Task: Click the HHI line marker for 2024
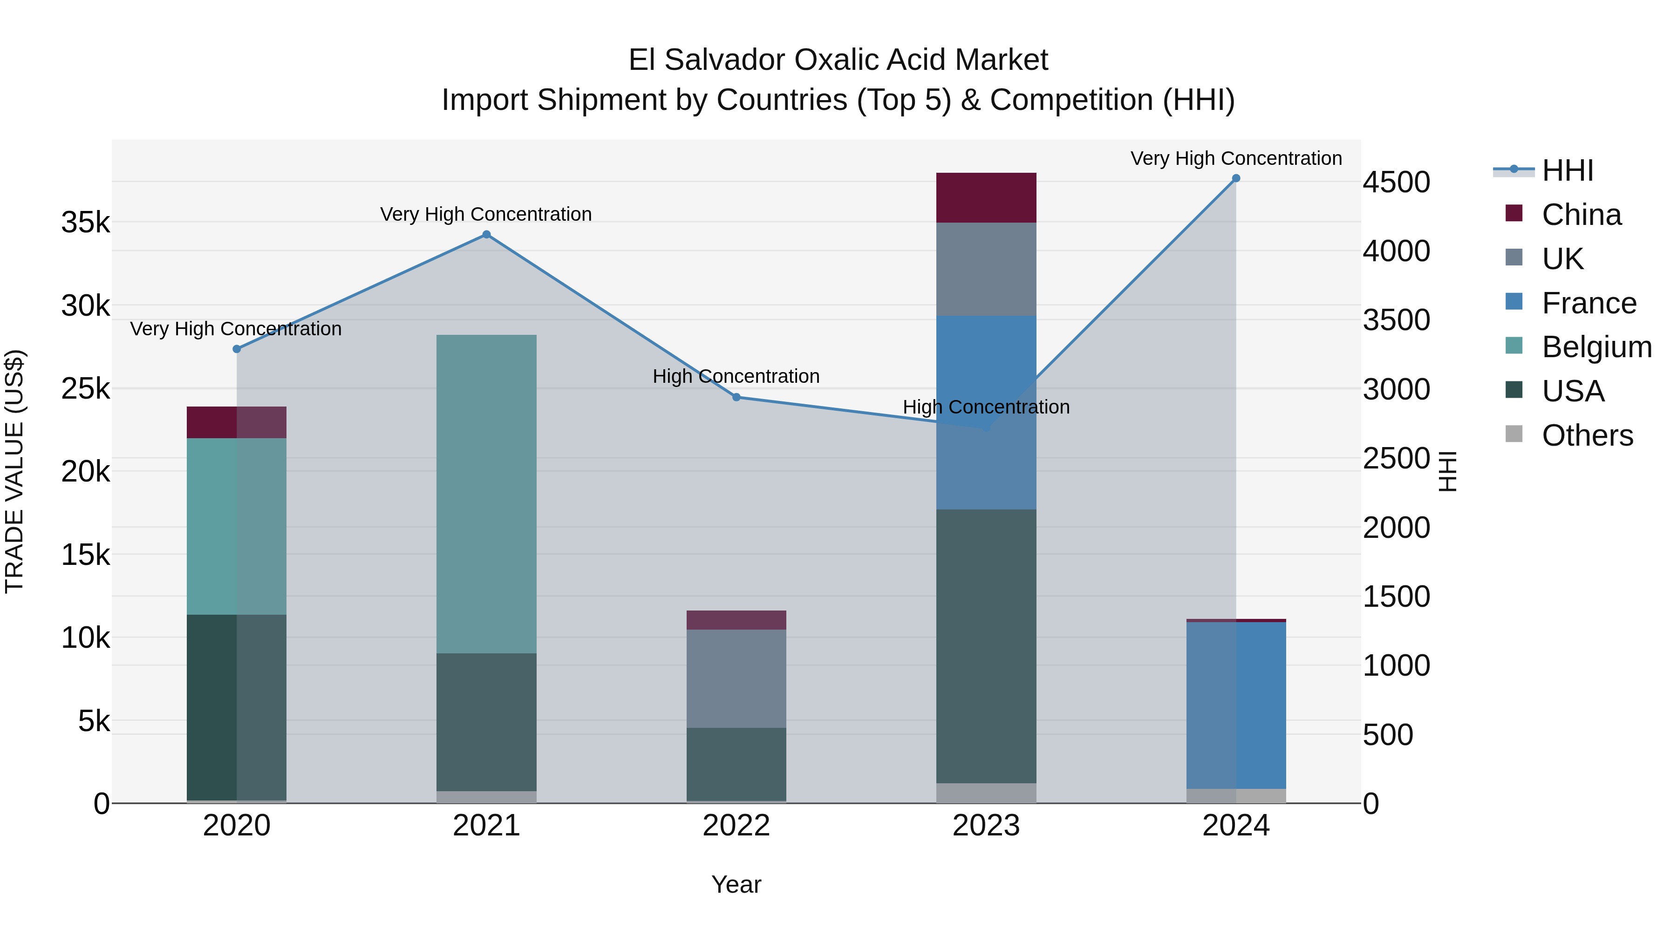point(1235,178)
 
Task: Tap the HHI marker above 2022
point(736,397)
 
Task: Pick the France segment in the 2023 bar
point(986,412)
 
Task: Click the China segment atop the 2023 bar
point(986,198)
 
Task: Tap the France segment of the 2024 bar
point(1235,706)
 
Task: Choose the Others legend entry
point(1587,435)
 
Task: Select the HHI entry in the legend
point(1567,170)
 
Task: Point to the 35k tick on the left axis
point(85,223)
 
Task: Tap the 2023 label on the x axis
point(986,826)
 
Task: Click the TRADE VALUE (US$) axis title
point(14,471)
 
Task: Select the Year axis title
point(736,884)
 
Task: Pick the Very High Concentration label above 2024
point(1235,158)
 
